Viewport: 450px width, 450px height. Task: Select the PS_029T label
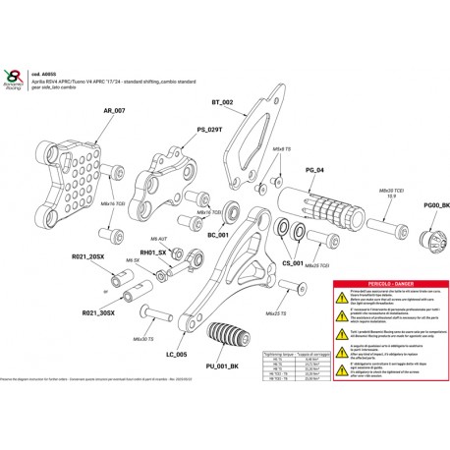tap(183, 129)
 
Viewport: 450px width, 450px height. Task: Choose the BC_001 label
tap(217, 236)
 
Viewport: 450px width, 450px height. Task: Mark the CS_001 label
tap(293, 262)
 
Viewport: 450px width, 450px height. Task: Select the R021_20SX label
tap(88, 256)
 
